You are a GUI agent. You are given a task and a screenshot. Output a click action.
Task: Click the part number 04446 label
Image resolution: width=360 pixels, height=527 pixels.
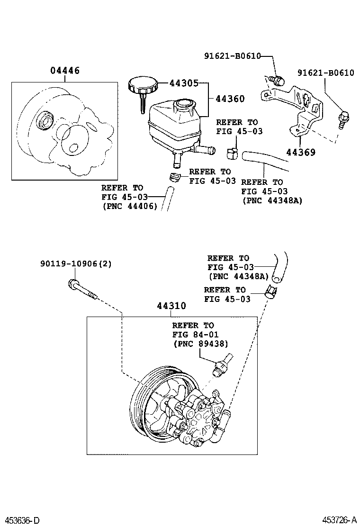[x=65, y=71]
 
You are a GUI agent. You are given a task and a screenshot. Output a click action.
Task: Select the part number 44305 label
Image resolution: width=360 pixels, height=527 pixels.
[x=184, y=83]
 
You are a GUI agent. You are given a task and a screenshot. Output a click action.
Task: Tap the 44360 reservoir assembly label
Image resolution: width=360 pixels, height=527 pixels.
[x=230, y=99]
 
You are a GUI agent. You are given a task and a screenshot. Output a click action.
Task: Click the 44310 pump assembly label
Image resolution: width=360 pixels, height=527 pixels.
[x=171, y=306]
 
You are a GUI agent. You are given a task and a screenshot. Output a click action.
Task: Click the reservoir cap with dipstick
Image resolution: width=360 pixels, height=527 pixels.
[x=140, y=91]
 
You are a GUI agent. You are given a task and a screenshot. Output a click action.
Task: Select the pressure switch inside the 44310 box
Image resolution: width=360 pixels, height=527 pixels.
[x=221, y=365]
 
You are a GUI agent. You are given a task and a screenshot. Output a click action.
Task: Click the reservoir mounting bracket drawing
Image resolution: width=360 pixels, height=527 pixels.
[x=294, y=107]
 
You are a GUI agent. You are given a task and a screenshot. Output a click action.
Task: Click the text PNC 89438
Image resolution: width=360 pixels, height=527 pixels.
[x=201, y=344]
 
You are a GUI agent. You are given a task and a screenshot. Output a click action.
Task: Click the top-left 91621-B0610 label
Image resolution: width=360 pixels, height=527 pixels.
[x=233, y=55]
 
